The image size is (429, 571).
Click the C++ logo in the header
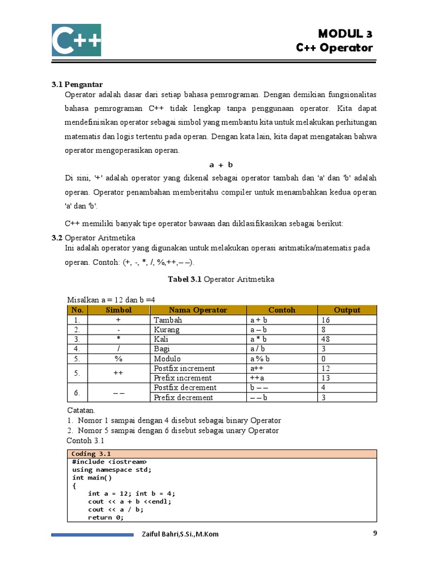pyautogui.click(x=77, y=40)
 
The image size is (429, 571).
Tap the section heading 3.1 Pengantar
pyautogui.click(x=78, y=85)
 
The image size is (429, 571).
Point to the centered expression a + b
pyautogui.click(x=221, y=164)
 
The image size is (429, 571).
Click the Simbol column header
pyautogui.click(x=118, y=310)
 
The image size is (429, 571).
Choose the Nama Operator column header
pyautogui.click(x=198, y=310)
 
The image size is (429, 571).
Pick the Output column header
pyautogui.click(x=347, y=310)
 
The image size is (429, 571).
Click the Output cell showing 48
pyautogui.click(x=326, y=339)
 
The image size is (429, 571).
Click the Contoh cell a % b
pyautogui.click(x=260, y=359)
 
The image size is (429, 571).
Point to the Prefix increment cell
pyautogui.click(x=183, y=378)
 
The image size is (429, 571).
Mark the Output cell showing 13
pyautogui.click(x=326, y=378)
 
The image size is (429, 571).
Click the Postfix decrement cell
pyautogui.click(x=185, y=388)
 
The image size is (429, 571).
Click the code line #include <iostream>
pyautogui.click(x=109, y=462)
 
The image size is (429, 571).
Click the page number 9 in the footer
pyautogui.click(x=375, y=533)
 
